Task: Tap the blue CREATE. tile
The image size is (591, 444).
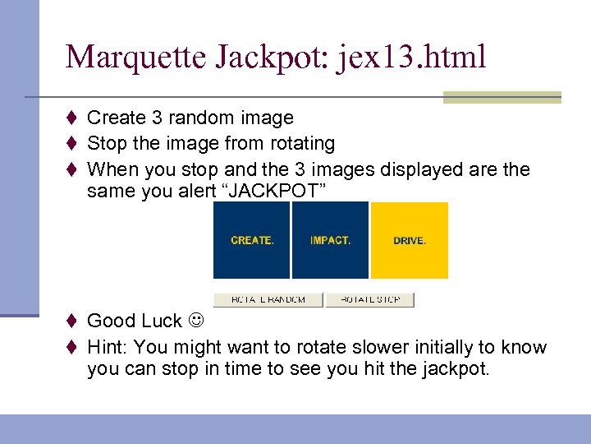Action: (252, 241)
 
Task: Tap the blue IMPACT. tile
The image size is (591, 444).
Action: (330, 241)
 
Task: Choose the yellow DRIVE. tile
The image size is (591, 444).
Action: (410, 241)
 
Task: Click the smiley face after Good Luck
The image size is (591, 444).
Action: (197, 321)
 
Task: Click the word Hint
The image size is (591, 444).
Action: (107, 347)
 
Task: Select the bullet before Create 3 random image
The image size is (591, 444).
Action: (72, 118)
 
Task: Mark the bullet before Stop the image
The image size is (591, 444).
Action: (72, 144)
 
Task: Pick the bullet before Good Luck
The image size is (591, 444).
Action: (72, 321)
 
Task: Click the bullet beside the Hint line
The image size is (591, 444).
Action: (72, 347)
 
